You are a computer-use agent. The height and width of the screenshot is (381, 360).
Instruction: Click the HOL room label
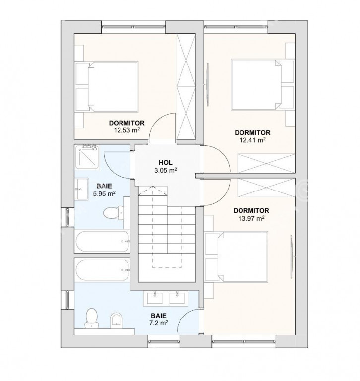(x=166, y=162)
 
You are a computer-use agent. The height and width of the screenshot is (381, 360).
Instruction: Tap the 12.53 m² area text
(x=127, y=130)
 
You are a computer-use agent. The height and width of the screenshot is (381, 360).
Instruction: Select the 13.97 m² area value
(x=251, y=218)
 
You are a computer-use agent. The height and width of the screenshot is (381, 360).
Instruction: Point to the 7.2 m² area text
(x=159, y=323)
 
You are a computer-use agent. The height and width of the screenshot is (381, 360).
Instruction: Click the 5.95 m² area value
(x=104, y=193)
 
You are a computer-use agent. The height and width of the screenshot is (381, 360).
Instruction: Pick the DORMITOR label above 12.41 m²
(x=252, y=132)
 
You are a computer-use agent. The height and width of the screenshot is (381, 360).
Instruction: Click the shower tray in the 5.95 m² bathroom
(x=87, y=157)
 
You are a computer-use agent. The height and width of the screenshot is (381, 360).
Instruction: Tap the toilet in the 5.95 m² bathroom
(x=114, y=213)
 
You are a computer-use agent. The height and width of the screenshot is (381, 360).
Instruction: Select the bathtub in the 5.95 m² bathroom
(x=102, y=241)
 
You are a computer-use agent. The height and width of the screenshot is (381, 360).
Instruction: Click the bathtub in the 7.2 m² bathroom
(x=102, y=270)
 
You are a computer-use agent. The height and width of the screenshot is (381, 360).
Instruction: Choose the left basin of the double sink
(x=155, y=298)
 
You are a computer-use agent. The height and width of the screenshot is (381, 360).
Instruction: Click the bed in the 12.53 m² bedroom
(x=113, y=86)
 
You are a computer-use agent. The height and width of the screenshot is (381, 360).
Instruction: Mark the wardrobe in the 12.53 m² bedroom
(x=186, y=86)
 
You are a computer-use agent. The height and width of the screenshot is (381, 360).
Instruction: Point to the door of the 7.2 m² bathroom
(x=186, y=318)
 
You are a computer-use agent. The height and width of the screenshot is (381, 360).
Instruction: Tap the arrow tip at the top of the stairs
(x=153, y=186)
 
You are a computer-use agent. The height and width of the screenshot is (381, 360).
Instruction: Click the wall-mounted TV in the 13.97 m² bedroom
(x=292, y=256)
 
